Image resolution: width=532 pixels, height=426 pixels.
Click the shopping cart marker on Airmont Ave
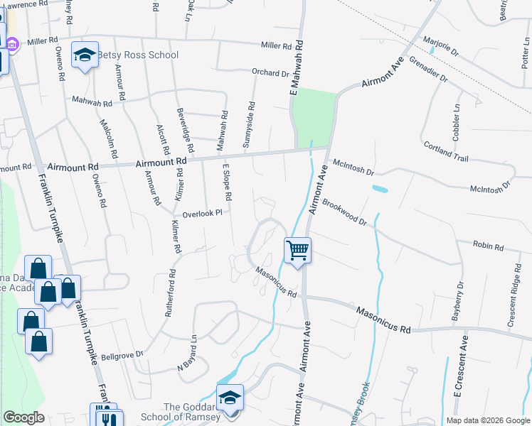tap(297, 250)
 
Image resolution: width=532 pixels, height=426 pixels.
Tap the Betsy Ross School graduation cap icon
tap(85, 56)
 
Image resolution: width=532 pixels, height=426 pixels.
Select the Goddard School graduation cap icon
tap(230, 397)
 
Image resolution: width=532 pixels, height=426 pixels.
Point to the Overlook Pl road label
tap(203, 212)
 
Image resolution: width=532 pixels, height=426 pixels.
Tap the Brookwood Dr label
tap(344, 212)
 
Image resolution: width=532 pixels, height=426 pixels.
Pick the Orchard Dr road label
tap(270, 72)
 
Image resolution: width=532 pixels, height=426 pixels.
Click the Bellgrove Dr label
tap(122, 354)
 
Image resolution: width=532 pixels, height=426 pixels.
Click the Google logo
tap(23, 417)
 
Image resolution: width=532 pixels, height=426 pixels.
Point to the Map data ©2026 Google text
tap(487, 420)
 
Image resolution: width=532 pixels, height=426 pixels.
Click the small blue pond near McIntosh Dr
tap(380, 190)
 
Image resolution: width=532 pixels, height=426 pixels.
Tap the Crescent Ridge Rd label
tap(514, 300)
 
